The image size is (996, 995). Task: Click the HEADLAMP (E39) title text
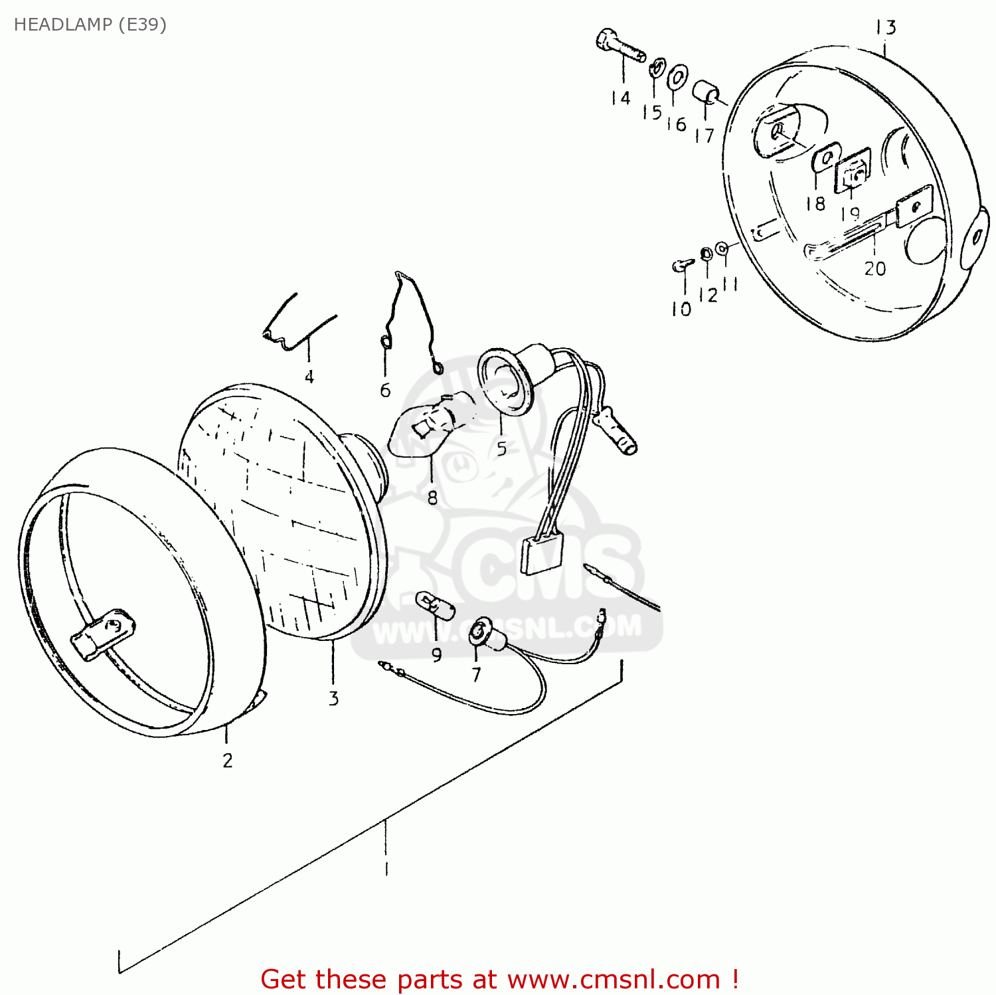(x=90, y=25)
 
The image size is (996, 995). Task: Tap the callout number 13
(x=886, y=28)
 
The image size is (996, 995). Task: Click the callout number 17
(x=704, y=136)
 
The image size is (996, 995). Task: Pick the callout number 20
(x=874, y=268)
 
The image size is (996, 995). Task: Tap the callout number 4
(x=309, y=377)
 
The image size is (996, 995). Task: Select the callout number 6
(x=385, y=391)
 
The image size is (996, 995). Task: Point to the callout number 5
(x=501, y=449)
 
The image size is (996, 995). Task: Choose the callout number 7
(x=476, y=675)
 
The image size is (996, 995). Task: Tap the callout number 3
(x=333, y=698)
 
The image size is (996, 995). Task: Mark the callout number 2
(x=228, y=761)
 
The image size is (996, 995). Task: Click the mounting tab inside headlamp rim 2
(x=103, y=633)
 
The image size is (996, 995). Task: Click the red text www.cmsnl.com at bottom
(x=614, y=980)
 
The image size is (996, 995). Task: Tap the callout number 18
(x=815, y=203)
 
